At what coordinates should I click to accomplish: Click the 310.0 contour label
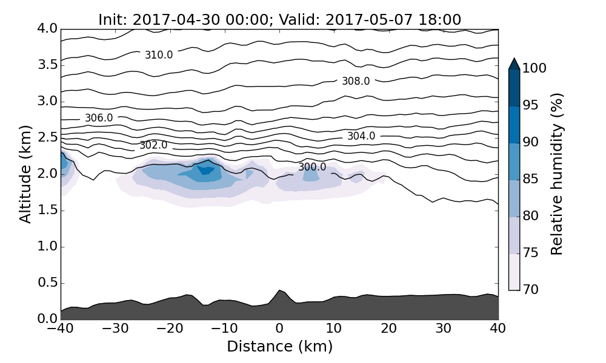tap(159, 55)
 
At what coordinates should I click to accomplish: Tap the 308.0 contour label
tap(356, 81)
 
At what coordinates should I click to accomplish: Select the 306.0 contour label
tap(99, 118)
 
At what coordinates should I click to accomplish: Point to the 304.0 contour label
tap(361, 136)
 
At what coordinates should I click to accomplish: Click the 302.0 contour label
tap(153, 145)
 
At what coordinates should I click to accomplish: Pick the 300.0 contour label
tap(312, 167)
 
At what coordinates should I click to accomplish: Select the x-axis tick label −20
tap(170, 330)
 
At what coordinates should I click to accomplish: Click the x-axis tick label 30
tap(444, 330)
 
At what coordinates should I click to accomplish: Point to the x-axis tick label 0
tap(279, 330)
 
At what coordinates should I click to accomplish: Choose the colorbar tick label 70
tap(531, 290)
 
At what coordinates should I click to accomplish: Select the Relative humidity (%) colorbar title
tap(558, 174)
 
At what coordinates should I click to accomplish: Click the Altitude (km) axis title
tap(25, 174)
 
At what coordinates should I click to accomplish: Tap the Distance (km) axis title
tap(279, 347)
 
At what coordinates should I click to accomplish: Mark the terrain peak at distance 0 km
tap(279, 290)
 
